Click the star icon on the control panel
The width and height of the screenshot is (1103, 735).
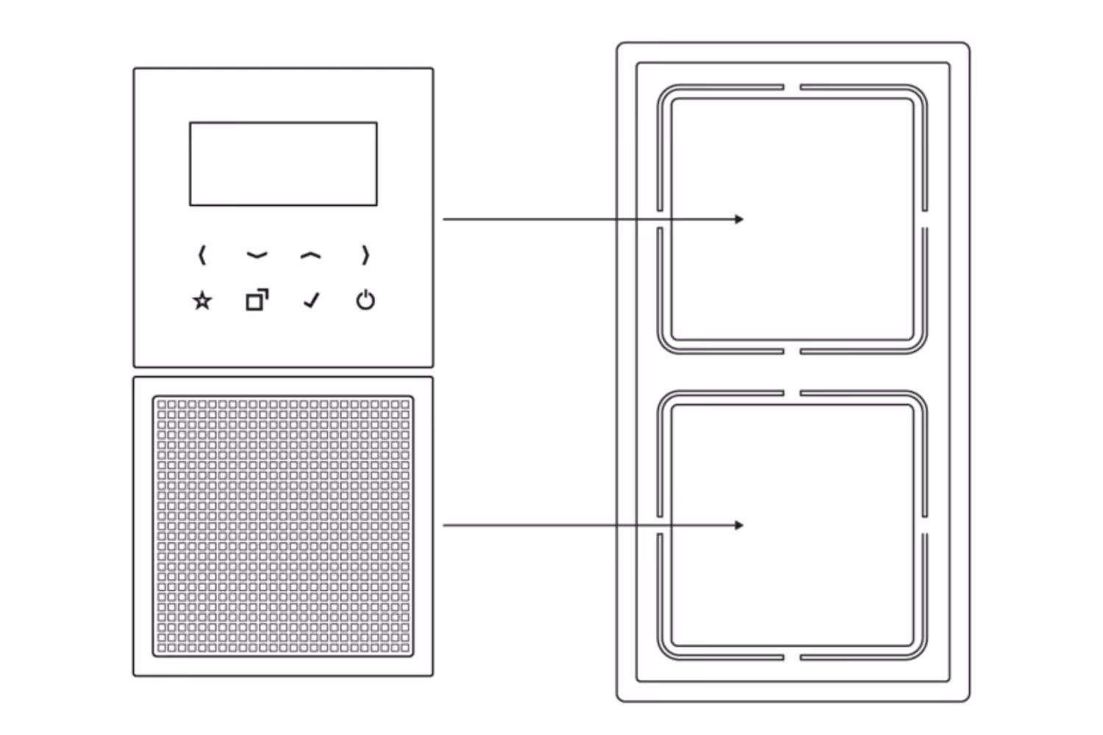(202, 301)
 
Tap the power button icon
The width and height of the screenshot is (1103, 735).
(365, 300)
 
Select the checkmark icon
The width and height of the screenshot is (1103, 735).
(312, 300)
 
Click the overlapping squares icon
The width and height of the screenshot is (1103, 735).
(257, 300)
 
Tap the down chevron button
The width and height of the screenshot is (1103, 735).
(257, 256)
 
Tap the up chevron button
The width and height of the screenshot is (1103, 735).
(311, 256)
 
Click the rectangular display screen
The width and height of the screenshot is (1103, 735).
(283, 164)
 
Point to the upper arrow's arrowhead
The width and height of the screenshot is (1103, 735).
(740, 219)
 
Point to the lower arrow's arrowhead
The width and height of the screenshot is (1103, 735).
(740, 525)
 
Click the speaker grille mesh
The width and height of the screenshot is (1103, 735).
(283, 526)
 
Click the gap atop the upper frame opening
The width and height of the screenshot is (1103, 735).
(792, 87)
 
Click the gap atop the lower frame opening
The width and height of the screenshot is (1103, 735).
(792, 393)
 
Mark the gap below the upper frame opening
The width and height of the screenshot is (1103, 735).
(792, 351)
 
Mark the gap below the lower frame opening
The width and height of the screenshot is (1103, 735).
(792, 657)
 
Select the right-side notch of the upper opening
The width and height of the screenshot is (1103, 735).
(924, 219)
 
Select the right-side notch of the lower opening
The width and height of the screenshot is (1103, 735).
(924, 525)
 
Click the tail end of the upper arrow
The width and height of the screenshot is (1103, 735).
(445, 219)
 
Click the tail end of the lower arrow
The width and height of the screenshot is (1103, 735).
(445, 525)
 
